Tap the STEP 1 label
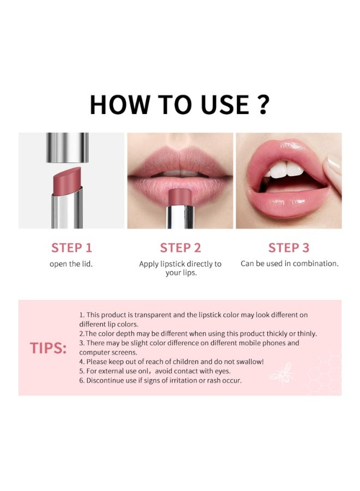click(71, 248)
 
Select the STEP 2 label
click(180, 248)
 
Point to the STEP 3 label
click(289, 248)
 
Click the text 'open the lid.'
click(71, 264)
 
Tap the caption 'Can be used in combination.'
click(289, 264)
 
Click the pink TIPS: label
click(48, 348)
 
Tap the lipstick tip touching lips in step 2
click(179, 196)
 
